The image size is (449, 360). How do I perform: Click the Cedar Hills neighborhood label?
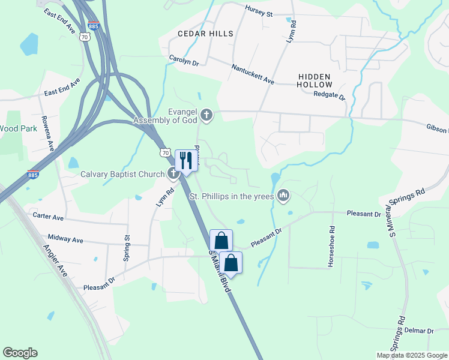204,34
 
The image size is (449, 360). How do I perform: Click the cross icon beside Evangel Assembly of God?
207,115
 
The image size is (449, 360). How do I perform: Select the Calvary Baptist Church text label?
122,175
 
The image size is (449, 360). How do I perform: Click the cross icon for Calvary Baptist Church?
173,174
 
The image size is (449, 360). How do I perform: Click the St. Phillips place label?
231,196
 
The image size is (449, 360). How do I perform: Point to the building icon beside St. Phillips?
284,196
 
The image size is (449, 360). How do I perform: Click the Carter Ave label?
48,216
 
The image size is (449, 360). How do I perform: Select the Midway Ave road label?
65,239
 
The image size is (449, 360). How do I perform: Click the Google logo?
20,353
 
